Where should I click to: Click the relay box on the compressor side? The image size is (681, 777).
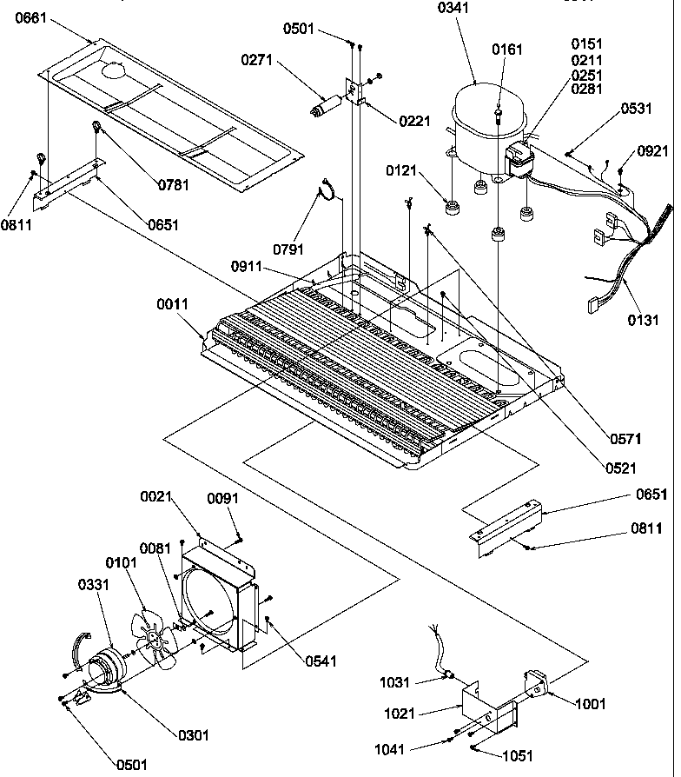[x=519, y=162]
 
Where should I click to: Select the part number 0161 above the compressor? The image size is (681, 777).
[x=507, y=50]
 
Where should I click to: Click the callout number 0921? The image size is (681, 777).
[x=652, y=150]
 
